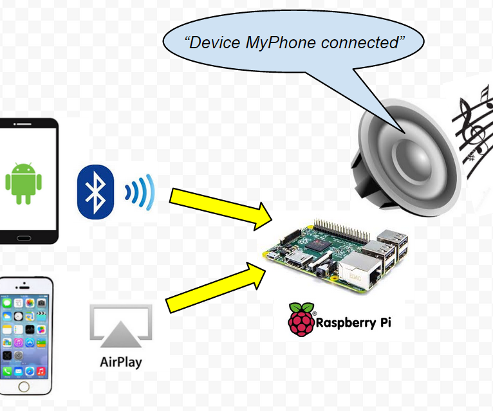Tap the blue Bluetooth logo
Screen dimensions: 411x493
(95, 191)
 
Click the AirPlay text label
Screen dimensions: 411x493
(121, 361)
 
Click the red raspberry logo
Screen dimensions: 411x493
(300, 320)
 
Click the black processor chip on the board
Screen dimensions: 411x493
(320, 247)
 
